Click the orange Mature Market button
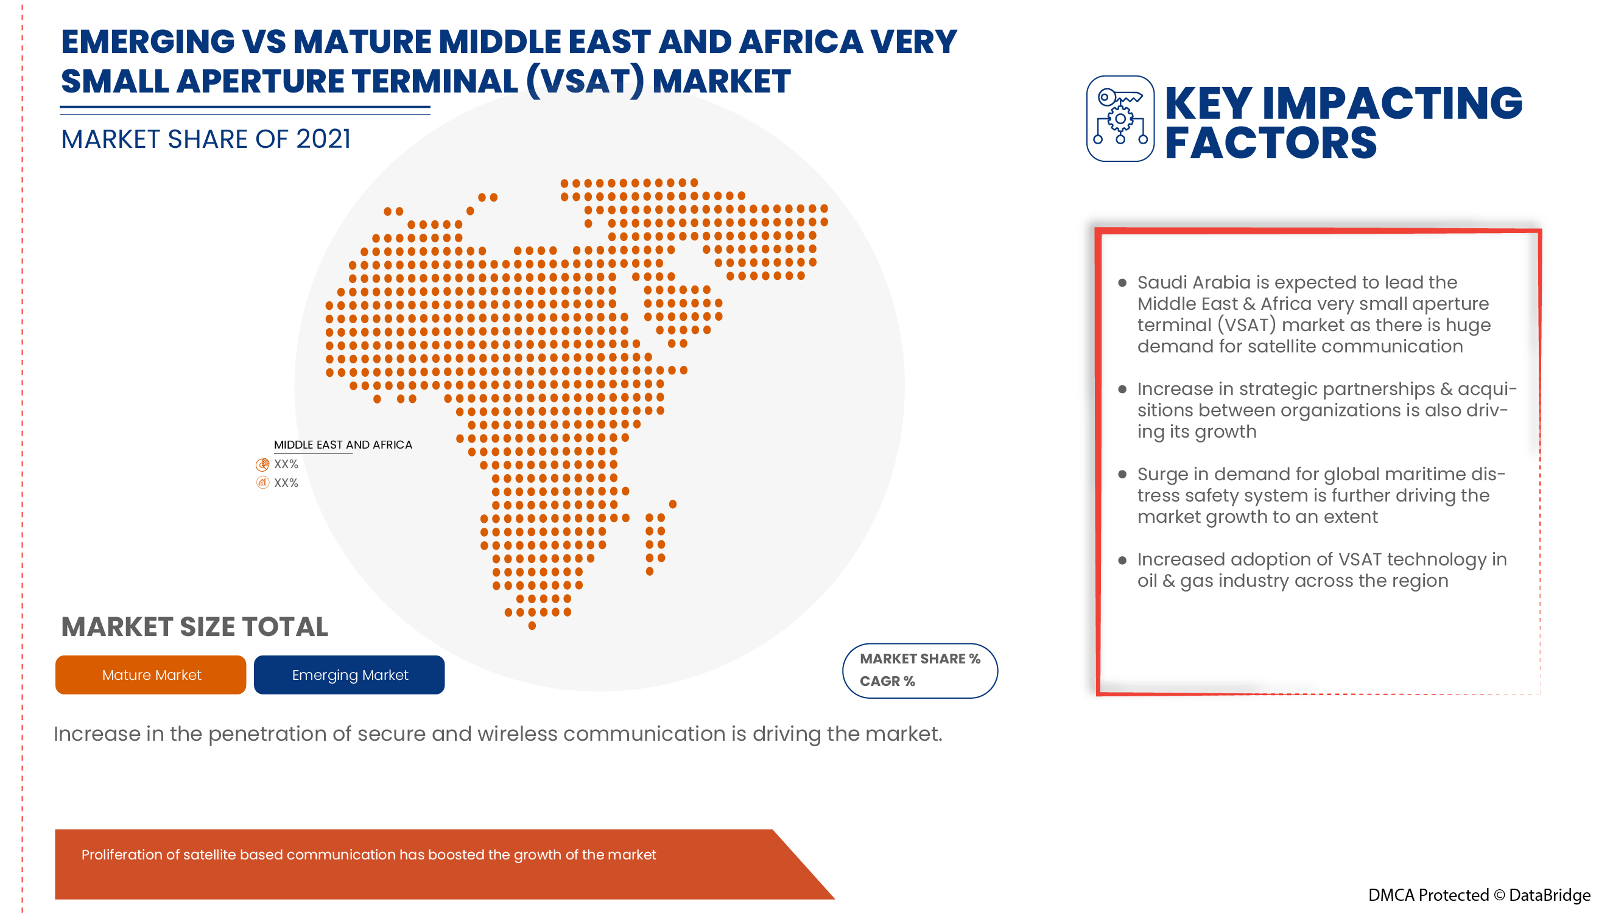(150, 675)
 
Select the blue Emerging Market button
(350, 675)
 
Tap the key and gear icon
(1120, 119)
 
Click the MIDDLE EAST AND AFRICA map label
(343, 445)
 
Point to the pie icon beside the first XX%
(262, 465)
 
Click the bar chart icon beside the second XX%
(262, 483)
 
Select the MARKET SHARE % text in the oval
(920, 659)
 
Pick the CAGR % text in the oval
(887, 682)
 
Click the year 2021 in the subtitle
(323, 139)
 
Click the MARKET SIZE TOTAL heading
(195, 627)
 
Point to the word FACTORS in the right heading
(1270, 143)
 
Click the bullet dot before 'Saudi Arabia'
(1122, 283)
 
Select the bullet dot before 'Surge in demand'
(1122, 475)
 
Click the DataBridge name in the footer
(1550, 895)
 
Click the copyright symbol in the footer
(1499, 895)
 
